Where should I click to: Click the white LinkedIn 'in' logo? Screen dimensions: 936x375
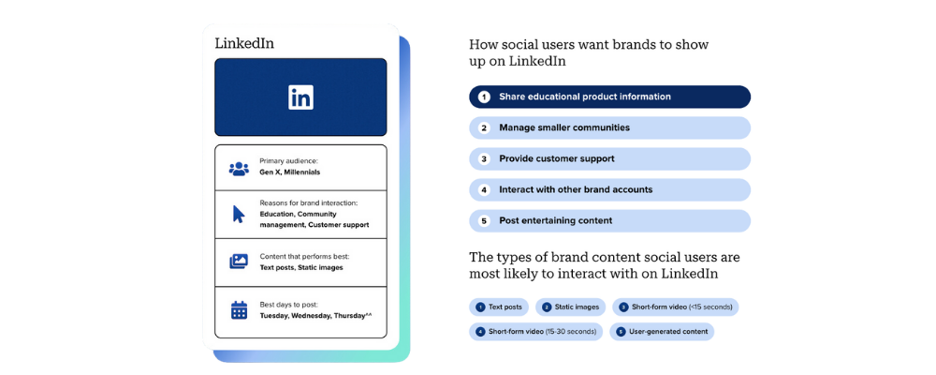[x=300, y=97]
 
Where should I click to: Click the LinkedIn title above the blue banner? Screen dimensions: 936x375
[x=244, y=44]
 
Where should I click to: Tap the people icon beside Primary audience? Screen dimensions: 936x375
[x=239, y=169]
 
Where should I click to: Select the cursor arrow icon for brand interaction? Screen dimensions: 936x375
[x=239, y=214]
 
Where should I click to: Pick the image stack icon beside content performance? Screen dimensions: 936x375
[x=239, y=262]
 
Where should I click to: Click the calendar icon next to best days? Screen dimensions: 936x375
[x=239, y=309]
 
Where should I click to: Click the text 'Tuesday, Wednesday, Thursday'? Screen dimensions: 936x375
[x=313, y=315]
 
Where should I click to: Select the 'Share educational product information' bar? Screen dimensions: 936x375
[x=609, y=97]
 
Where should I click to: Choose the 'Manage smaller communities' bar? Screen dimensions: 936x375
[x=609, y=128]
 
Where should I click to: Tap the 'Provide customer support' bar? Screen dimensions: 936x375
[x=609, y=159]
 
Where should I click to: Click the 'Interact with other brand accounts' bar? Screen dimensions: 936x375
[x=609, y=189]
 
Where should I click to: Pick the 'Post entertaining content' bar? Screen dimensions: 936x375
[x=609, y=220]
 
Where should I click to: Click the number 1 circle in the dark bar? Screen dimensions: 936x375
[x=484, y=97]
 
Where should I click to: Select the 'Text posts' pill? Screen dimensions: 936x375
[x=499, y=307]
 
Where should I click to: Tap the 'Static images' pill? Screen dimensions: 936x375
[x=571, y=307]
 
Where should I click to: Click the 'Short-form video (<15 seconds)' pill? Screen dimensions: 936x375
[x=676, y=307]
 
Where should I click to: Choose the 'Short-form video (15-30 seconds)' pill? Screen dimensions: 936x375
[x=536, y=331]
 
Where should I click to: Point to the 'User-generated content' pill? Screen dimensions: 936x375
[x=662, y=331]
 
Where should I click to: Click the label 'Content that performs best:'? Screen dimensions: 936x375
[x=304, y=257]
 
